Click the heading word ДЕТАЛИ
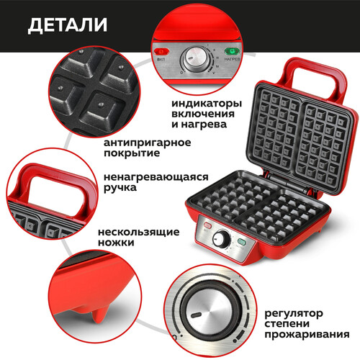tap(68, 25)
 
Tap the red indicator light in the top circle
tap(161, 51)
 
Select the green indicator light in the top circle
tap(232, 51)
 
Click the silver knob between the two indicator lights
tap(195, 58)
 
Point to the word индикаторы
tap(207, 104)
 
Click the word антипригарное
tap(148, 143)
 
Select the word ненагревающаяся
tap(156, 177)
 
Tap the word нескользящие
tap(139, 232)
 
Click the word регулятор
tap(294, 313)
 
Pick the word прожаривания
tap(307, 334)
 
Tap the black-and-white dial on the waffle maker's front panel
tap(221, 239)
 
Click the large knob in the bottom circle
tap(210, 309)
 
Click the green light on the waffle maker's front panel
tap(241, 242)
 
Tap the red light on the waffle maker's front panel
tap(207, 225)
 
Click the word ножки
tap(116, 243)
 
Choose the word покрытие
tap(132, 153)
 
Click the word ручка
tap(120, 188)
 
